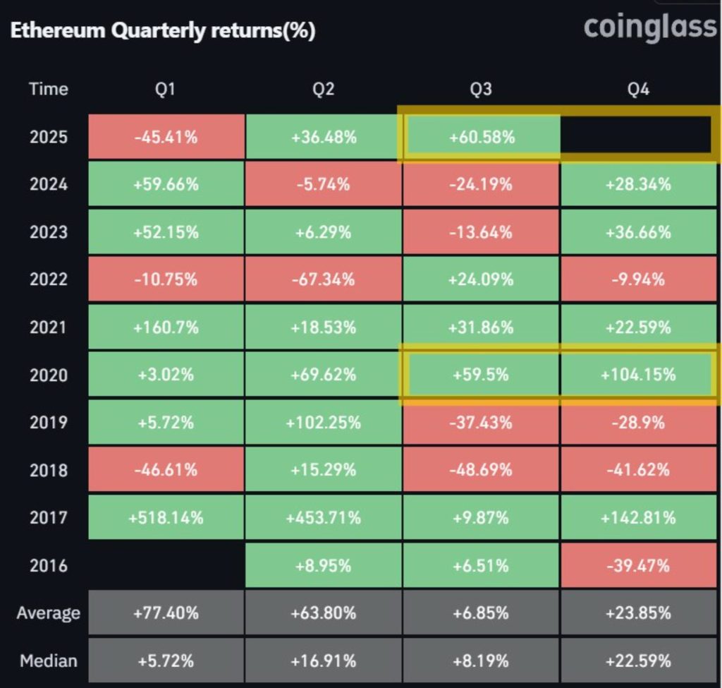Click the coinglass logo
pyautogui.click(x=649, y=28)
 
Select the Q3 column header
pyautogui.click(x=482, y=90)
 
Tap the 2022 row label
pyautogui.click(x=49, y=279)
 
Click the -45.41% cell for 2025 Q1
pyautogui.click(x=166, y=137)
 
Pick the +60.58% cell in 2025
pyautogui.click(x=482, y=137)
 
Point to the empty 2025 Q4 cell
pyautogui.click(x=638, y=137)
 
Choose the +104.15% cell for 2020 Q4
pyautogui.click(x=638, y=375)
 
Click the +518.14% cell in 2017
pyautogui.click(x=166, y=518)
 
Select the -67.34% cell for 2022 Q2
pyautogui.click(x=324, y=279)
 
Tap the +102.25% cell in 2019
pyautogui.click(x=324, y=423)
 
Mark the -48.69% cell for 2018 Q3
pyautogui.click(x=482, y=470)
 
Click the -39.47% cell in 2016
pyautogui.click(x=638, y=565)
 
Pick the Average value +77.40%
pyautogui.click(x=166, y=613)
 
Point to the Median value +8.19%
pyautogui.click(x=482, y=661)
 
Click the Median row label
pyautogui.click(x=49, y=661)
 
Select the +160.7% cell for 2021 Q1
pyautogui.click(x=166, y=327)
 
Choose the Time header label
pyautogui.click(x=49, y=90)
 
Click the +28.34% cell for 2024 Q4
pyautogui.click(x=638, y=185)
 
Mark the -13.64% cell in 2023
pyautogui.click(x=482, y=232)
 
